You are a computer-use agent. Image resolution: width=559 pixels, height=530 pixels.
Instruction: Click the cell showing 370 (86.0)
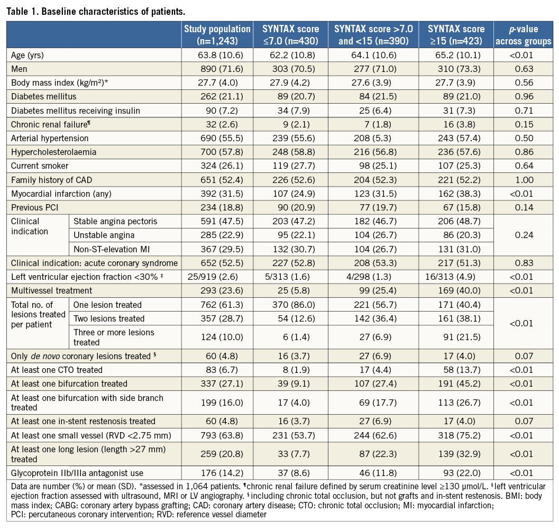pos(290,305)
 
